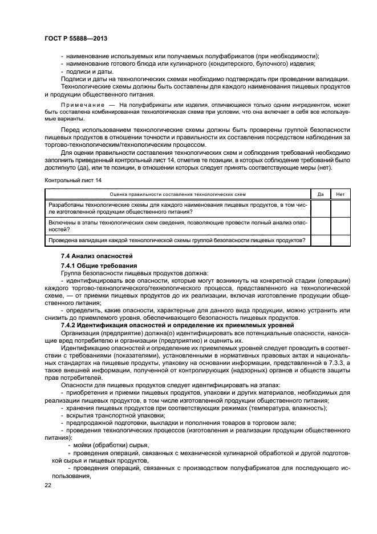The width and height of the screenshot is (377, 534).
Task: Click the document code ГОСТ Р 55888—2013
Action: point(76,38)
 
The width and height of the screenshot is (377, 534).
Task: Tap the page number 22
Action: point(48,484)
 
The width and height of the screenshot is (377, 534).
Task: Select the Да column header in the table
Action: point(321,194)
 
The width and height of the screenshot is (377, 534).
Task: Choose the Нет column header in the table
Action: point(340,194)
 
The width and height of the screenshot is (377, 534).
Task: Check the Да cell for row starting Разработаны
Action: point(321,208)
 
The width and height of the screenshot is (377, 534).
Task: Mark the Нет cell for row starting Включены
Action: point(340,226)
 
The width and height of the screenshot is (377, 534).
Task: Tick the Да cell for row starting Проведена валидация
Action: point(321,240)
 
